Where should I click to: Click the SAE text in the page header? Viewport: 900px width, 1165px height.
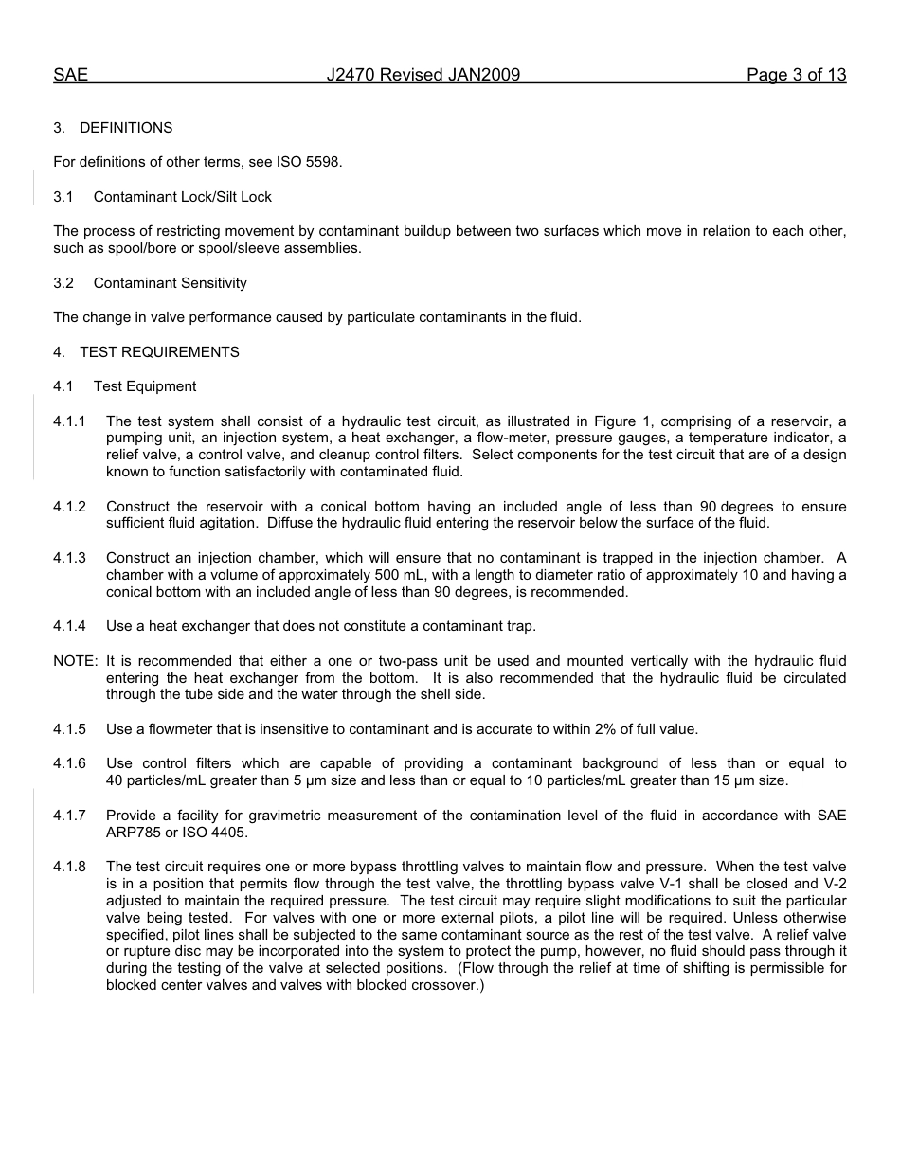(70, 76)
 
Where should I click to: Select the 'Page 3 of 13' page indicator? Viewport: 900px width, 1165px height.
(796, 76)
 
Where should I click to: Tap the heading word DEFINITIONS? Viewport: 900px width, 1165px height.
(126, 128)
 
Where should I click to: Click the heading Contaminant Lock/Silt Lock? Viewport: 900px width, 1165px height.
(182, 197)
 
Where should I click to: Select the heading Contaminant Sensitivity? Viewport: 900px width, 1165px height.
(170, 283)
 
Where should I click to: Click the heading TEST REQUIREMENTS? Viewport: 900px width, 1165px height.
(159, 352)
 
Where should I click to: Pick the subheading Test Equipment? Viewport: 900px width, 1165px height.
(145, 386)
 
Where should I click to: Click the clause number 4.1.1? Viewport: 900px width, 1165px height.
(69, 421)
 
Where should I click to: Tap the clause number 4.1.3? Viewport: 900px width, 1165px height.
(69, 558)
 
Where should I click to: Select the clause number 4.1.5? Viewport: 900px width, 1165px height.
(69, 729)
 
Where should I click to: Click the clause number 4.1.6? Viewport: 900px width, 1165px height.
(69, 763)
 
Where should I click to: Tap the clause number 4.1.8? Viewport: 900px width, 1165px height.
(69, 867)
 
